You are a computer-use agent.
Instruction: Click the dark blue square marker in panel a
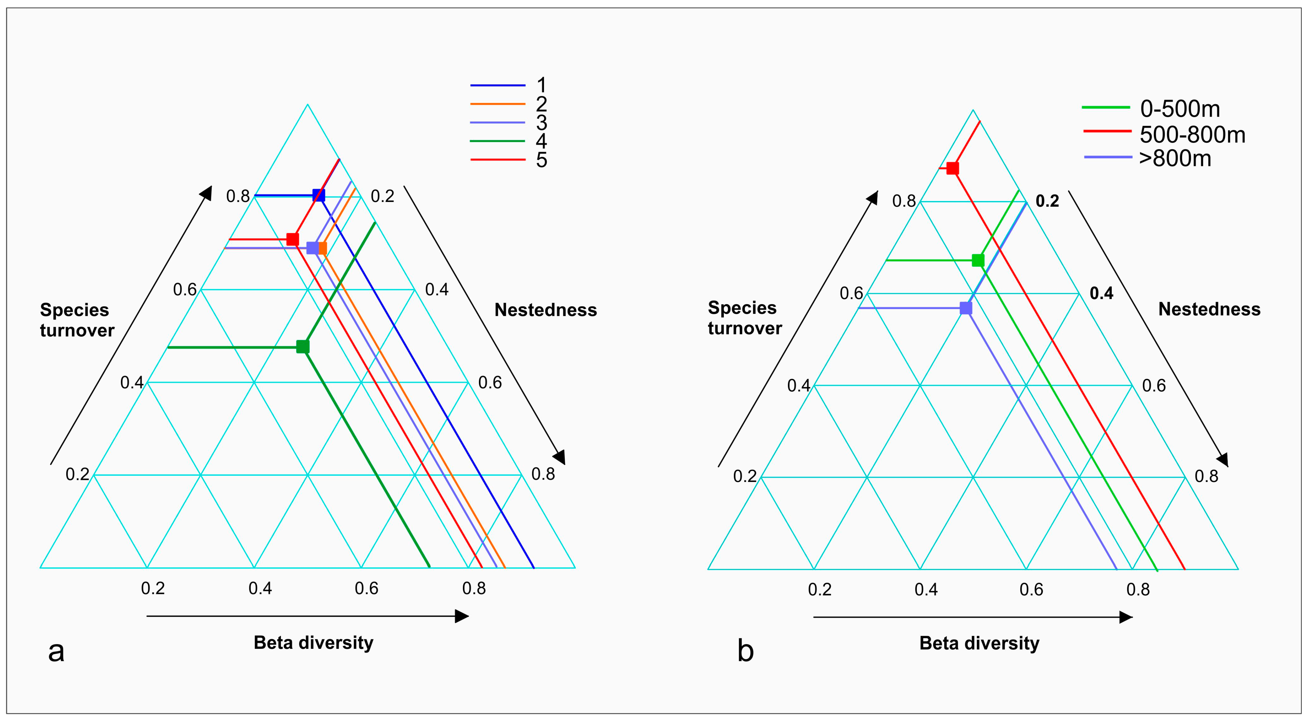318,195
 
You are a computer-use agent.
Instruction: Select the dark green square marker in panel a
303,347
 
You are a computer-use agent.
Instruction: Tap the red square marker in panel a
293,239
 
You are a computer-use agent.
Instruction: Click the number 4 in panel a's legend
542,141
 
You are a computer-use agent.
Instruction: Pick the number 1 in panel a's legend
542,85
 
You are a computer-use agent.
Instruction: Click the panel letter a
56,652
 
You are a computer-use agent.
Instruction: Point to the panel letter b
745,652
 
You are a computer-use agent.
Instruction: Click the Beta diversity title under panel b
979,643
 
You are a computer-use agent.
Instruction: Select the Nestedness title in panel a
546,310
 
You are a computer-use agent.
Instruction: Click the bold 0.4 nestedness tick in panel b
1101,293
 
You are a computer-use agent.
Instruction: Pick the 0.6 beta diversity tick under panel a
366,589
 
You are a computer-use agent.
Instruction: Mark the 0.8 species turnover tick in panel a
238,196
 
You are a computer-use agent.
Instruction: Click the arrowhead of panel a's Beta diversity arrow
462,616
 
